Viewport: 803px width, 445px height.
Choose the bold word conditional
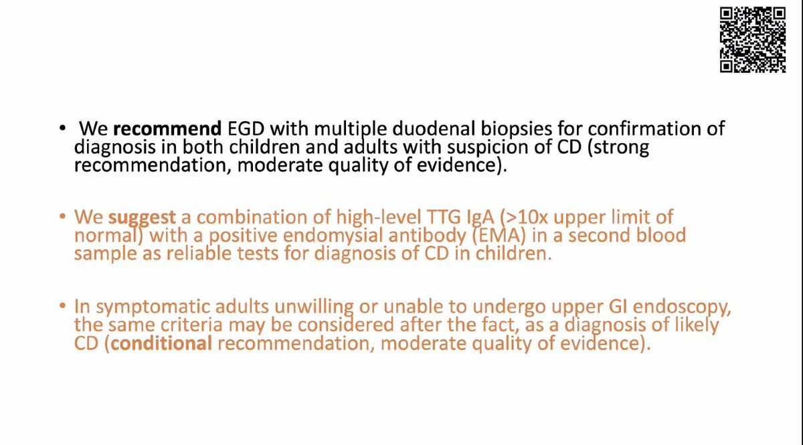click(x=156, y=345)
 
